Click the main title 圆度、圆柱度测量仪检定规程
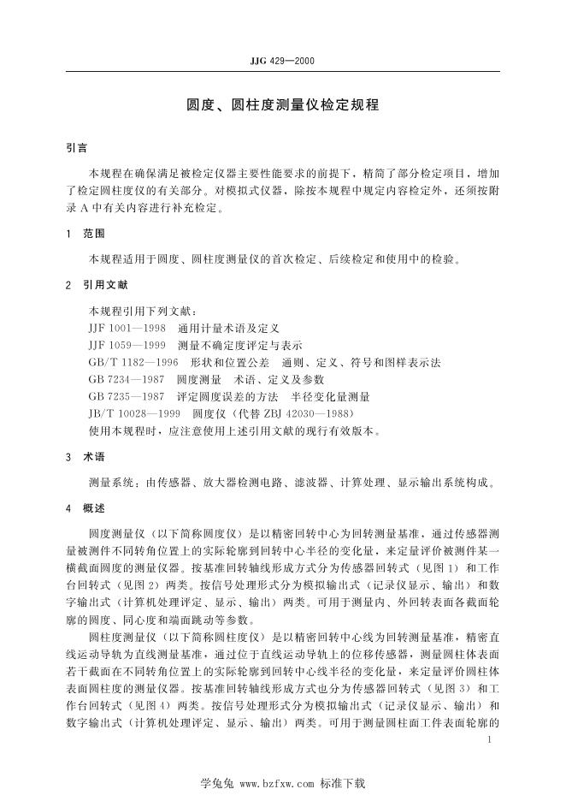tap(282, 109)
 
